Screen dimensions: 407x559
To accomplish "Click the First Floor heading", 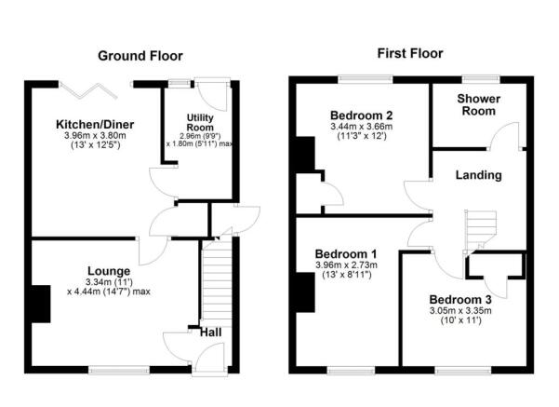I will [x=409, y=53].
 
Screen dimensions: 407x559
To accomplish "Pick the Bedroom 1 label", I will [x=345, y=253].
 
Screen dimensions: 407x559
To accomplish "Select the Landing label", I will [x=479, y=174].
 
